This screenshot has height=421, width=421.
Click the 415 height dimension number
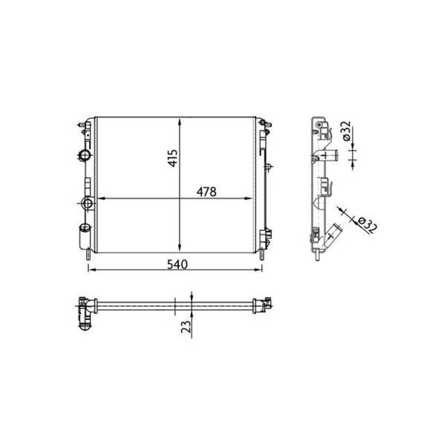point(172,157)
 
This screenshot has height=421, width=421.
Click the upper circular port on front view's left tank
point(84,155)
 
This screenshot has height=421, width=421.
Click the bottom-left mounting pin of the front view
point(89,256)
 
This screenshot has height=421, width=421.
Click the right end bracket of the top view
point(262,303)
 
